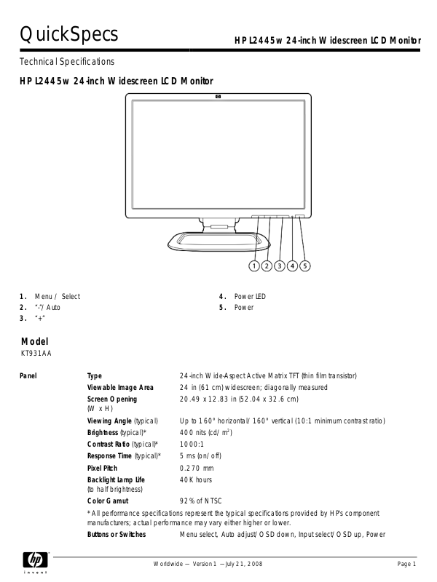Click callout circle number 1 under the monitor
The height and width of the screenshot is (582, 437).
click(255, 266)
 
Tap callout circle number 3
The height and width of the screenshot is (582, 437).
click(280, 266)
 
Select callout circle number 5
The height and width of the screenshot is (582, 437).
click(304, 266)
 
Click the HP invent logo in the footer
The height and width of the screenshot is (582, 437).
click(34, 562)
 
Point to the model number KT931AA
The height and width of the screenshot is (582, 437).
click(36, 354)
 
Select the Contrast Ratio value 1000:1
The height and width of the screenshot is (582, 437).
click(192, 444)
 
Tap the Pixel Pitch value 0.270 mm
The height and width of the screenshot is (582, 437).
click(197, 468)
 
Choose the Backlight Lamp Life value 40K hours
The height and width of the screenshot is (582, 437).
click(196, 480)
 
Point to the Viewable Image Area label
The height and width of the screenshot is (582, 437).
click(120, 388)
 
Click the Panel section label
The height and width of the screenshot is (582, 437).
click(28, 376)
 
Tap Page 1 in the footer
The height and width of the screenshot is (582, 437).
click(406, 565)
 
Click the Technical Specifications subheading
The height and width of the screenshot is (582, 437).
click(67, 62)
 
